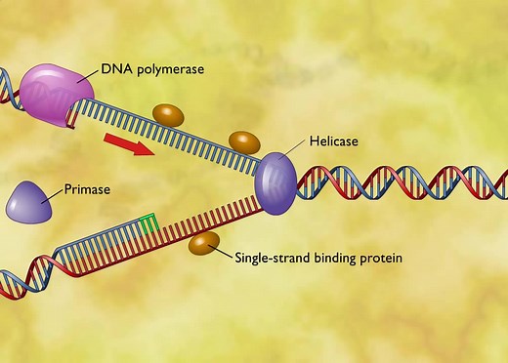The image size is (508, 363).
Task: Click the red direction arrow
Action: [x=129, y=144]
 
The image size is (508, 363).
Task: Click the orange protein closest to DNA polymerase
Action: [x=168, y=115]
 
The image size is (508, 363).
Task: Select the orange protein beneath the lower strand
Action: [x=204, y=244]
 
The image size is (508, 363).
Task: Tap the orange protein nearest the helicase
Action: [x=243, y=142]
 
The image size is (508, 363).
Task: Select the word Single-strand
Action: [x=273, y=259]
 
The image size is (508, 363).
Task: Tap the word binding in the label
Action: [x=337, y=260]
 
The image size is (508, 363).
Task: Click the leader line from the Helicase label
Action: [x=296, y=150]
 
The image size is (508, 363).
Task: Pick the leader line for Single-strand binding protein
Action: [x=226, y=253]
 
